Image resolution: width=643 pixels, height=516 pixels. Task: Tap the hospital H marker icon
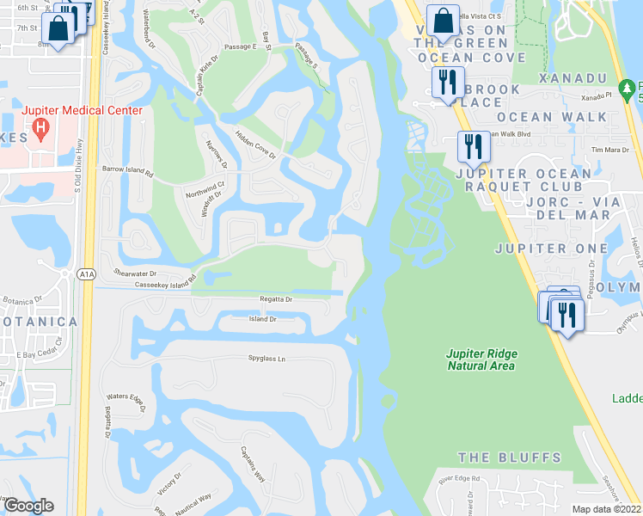click(40, 130)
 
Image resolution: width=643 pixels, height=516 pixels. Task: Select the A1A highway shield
click(86, 274)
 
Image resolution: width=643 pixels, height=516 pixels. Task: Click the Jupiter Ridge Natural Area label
click(481, 359)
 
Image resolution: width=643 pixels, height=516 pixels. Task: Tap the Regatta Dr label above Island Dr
click(277, 299)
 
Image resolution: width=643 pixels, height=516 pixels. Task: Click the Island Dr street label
click(262, 319)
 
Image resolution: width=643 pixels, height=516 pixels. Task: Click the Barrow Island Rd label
click(126, 172)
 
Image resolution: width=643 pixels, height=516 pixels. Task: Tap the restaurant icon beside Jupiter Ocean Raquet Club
click(472, 146)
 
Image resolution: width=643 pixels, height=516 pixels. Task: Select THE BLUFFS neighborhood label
click(509, 458)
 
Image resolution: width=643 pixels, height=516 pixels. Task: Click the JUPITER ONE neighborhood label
click(543, 249)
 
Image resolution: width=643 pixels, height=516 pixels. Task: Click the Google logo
click(28, 506)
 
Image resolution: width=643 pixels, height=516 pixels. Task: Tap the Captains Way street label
click(253, 468)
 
